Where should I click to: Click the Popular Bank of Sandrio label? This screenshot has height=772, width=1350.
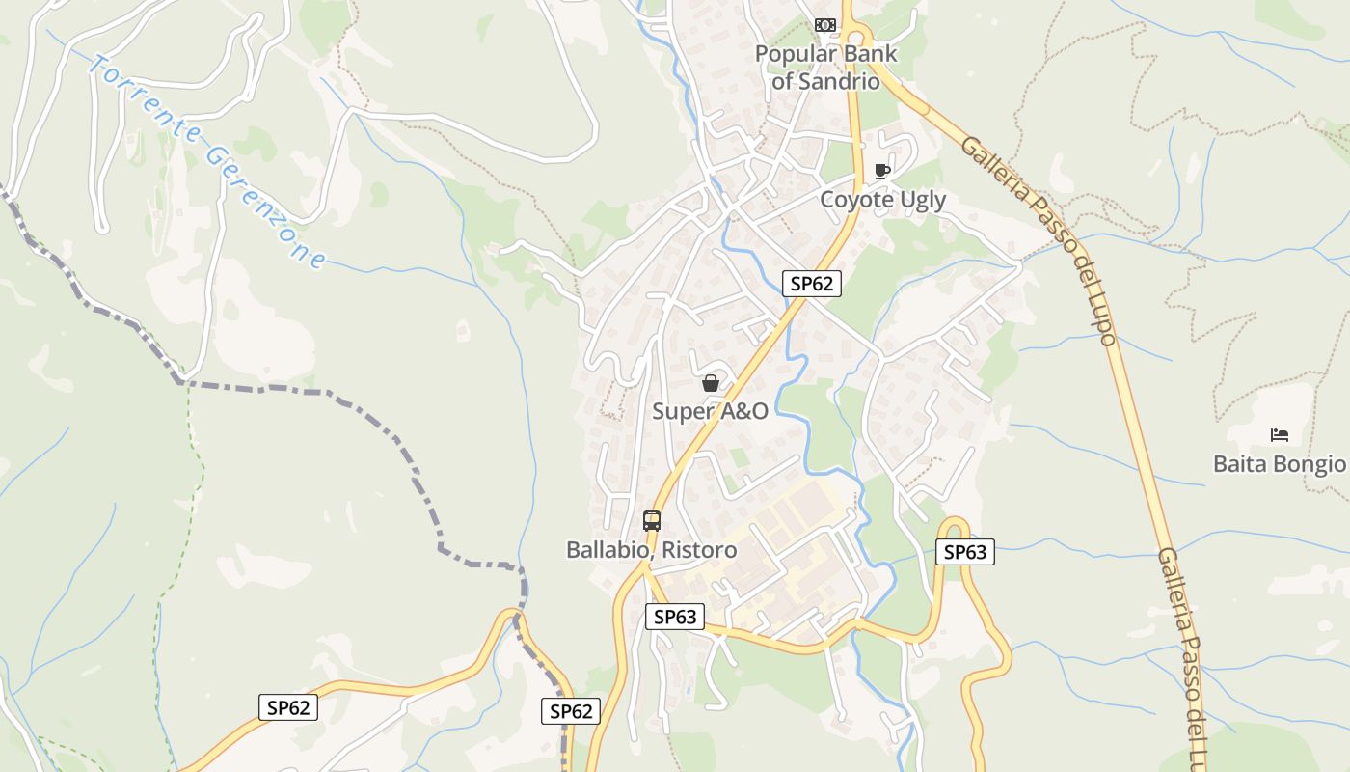tap(825, 68)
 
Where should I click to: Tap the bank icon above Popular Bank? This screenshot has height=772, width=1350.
tap(825, 24)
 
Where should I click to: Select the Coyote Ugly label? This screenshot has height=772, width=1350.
tap(882, 200)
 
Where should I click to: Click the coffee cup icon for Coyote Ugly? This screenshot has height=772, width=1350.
tap(881, 171)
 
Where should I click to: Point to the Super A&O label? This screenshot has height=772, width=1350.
tap(710, 411)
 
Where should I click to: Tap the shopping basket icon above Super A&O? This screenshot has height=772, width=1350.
tap(711, 383)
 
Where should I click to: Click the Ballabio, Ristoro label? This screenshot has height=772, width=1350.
tap(651, 550)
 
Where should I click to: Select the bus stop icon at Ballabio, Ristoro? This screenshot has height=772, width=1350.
tap(652, 521)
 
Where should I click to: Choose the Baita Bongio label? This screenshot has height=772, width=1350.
tap(1279, 464)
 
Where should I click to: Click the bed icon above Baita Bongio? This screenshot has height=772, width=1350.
tap(1280, 435)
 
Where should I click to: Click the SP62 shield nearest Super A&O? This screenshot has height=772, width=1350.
tap(811, 284)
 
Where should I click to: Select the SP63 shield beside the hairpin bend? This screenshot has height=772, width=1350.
tap(964, 552)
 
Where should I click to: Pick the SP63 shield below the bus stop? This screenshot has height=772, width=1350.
tap(674, 617)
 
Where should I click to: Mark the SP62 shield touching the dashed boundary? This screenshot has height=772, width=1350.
tap(570, 711)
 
